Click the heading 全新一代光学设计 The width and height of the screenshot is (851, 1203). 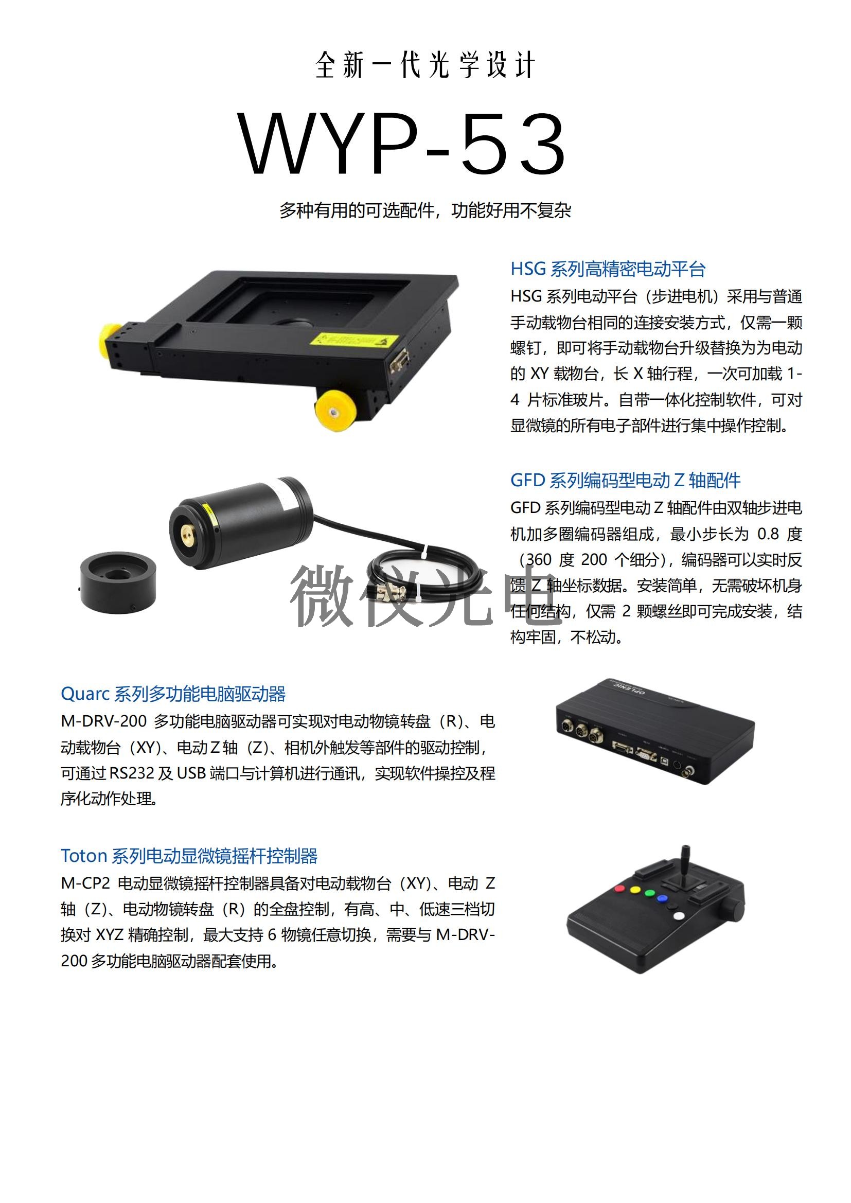point(425,65)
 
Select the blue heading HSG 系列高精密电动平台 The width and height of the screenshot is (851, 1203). point(608,269)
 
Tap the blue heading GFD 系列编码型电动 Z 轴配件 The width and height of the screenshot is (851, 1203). point(625,480)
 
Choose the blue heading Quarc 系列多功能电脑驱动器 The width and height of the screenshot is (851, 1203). point(173,694)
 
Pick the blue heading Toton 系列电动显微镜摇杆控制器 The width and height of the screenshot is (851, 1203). point(189,856)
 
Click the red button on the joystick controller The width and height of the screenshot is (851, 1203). point(619,889)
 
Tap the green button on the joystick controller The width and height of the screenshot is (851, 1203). point(650,893)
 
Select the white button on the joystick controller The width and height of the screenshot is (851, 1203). point(679,916)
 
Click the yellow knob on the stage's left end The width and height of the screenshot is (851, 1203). point(112,342)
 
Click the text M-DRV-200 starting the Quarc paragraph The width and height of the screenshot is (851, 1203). point(104,721)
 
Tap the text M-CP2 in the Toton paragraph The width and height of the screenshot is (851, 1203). point(85,883)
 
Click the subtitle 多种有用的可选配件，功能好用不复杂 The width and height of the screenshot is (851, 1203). point(425,210)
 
